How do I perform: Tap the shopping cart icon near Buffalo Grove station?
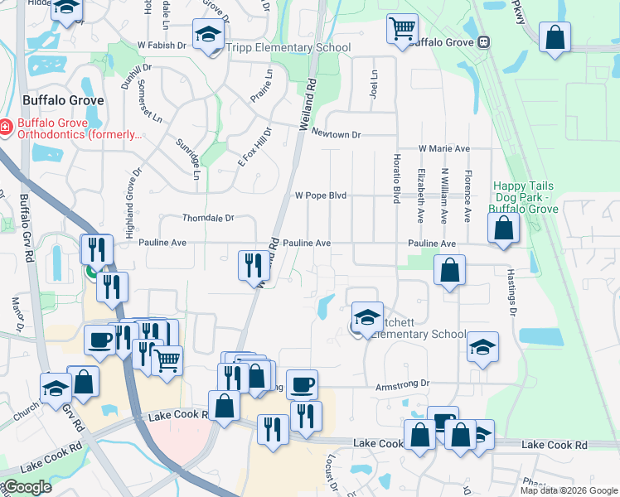(402, 30)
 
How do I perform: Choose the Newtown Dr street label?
(337, 134)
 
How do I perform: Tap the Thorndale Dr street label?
(208, 218)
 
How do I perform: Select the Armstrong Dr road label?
(404, 384)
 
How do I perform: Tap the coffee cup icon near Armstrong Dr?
(302, 384)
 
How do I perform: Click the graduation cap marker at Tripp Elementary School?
(207, 34)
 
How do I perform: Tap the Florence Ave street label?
(467, 195)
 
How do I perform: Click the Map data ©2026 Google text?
(569, 490)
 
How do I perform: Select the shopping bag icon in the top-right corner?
(555, 37)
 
